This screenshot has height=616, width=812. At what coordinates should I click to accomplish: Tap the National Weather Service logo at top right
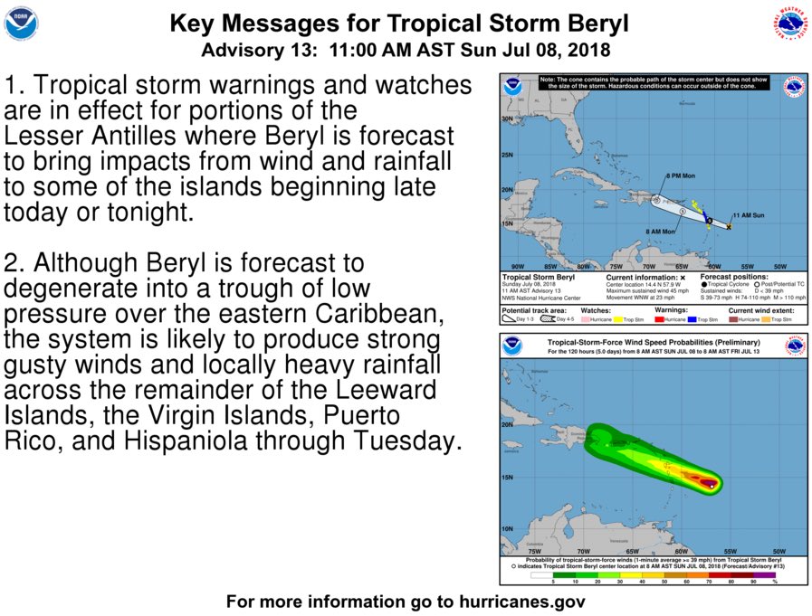[789, 24]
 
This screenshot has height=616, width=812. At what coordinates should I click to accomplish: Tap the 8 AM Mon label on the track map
[660, 232]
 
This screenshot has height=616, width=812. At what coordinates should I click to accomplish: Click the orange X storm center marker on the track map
[729, 226]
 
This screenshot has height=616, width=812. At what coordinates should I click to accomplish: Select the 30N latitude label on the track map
[507, 118]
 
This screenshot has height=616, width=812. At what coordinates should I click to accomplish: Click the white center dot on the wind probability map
[712, 487]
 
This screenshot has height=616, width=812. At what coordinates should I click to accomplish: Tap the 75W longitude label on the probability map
[534, 551]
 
